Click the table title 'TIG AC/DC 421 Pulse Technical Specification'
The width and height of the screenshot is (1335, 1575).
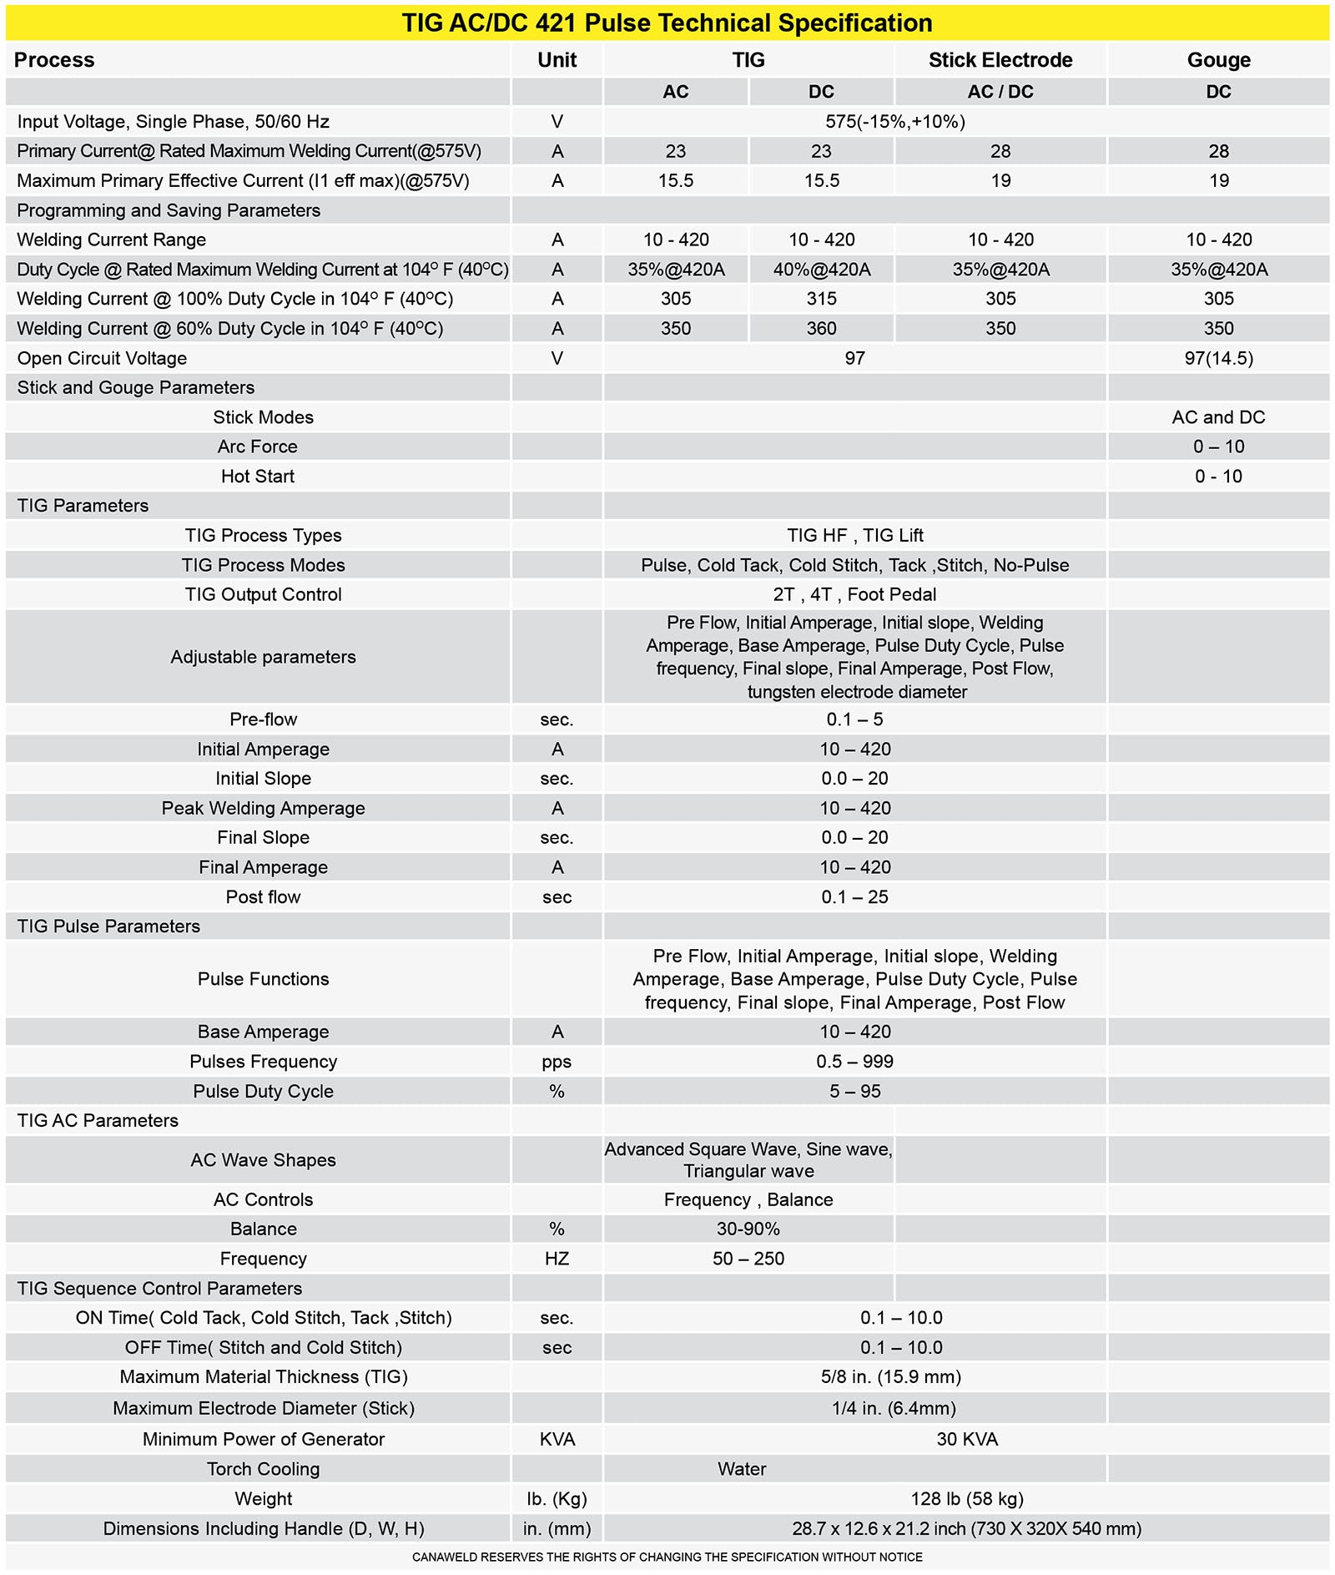pos(667,23)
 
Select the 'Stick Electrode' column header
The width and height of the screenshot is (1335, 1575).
pos(1000,60)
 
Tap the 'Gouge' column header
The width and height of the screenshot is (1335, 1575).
pos(1218,60)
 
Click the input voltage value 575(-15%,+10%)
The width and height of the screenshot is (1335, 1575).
pos(894,122)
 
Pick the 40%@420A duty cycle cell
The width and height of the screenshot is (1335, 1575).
pos(821,270)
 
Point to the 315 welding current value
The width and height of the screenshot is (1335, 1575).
pos(821,299)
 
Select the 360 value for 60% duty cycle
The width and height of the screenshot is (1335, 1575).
pos(821,329)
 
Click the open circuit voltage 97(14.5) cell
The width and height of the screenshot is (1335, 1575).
pos(1218,358)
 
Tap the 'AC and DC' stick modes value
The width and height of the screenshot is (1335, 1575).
pos(1218,417)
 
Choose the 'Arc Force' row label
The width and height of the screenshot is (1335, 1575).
pos(257,447)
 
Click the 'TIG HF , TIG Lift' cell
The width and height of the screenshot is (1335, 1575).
pos(854,535)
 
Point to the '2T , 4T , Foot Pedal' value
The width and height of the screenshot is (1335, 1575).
pos(854,594)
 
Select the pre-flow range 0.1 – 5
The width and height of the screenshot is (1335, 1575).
pos(854,719)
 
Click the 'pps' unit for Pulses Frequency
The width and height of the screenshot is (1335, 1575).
pos(557,1062)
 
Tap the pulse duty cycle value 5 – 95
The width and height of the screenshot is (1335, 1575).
pos(854,1091)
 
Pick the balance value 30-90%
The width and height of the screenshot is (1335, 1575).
pos(748,1229)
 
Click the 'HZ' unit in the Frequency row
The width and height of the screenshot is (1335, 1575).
pos(557,1259)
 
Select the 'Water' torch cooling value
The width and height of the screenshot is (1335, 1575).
pos(742,1469)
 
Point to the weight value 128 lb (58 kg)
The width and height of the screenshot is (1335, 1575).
pos(966,1498)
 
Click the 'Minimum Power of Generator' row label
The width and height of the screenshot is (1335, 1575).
pos(263,1439)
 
